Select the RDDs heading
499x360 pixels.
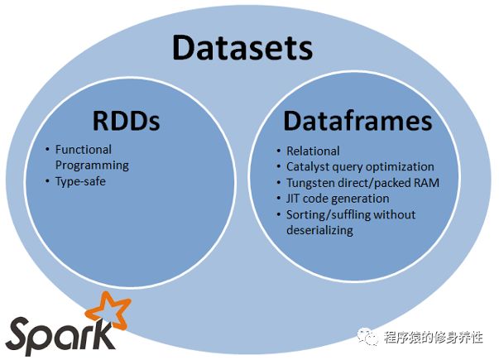tap(126, 121)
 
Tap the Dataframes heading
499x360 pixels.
tap(357, 121)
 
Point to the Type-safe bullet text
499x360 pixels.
tap(81, 180)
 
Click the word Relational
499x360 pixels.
tap(313, 151)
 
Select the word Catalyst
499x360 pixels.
tap(309, 166)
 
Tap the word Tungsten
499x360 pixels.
tap(312, 182)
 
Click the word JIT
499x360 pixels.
tap(295, 199)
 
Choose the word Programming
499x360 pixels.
tap(92, 165)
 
